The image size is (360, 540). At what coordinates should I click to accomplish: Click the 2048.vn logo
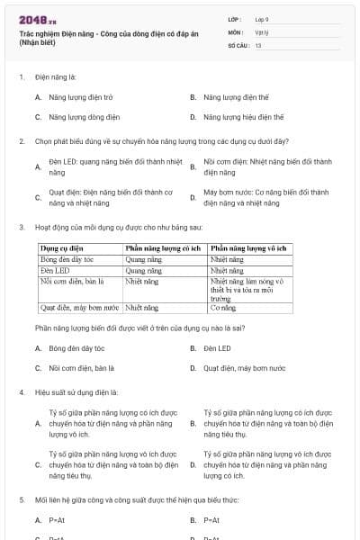pos(39,20)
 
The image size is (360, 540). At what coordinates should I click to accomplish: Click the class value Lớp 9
pos(262,18)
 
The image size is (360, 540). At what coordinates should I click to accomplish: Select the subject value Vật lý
pos(261,31)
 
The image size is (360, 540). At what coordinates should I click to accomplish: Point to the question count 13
pos(258,44)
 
